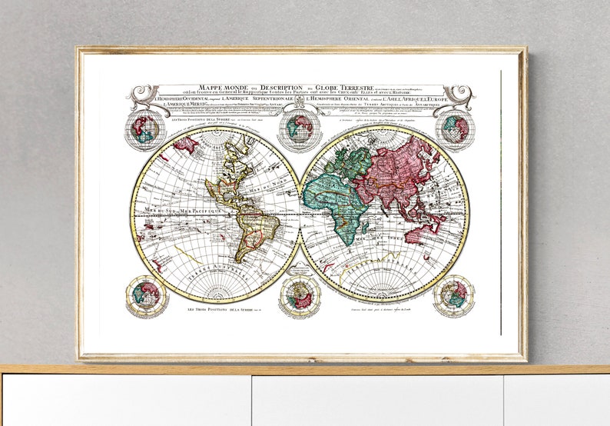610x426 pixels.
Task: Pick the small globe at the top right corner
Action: pos(455,129)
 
